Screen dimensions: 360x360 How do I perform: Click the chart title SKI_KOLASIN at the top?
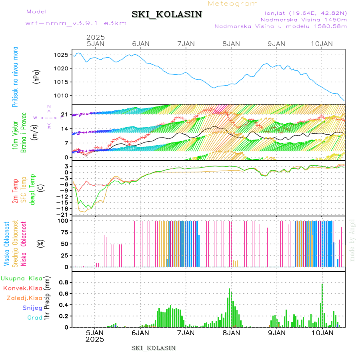tap(167, 14)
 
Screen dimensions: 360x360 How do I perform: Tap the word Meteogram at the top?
tap(233, 4)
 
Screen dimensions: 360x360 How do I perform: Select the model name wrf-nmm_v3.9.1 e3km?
tap(76, 23)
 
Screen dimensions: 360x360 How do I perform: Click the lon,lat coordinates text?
tap(303, 13)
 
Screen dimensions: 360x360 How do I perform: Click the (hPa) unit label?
tap(36, 76)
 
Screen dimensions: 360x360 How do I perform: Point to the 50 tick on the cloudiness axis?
tap(64, 244)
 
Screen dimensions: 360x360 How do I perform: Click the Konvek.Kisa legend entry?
tap(22, 288)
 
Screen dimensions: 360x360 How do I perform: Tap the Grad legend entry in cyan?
tap(35, 318)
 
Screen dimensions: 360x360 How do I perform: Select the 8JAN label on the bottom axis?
tap(231, 333)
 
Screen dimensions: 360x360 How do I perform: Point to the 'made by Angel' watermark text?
tap(352, 240)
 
